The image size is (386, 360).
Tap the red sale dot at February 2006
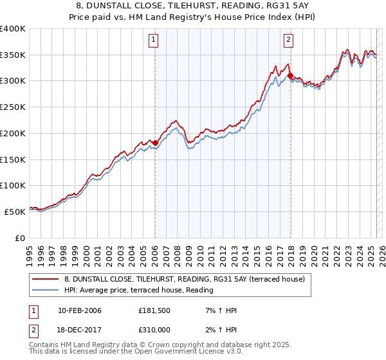click(155, 143)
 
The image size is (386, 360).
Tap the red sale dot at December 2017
click(290, 76)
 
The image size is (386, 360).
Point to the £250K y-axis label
click(13, 107)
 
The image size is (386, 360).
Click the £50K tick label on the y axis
click(15, 212)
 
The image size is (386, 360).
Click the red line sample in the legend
click(46, 279)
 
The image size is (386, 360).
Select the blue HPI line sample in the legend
click(46, 291)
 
